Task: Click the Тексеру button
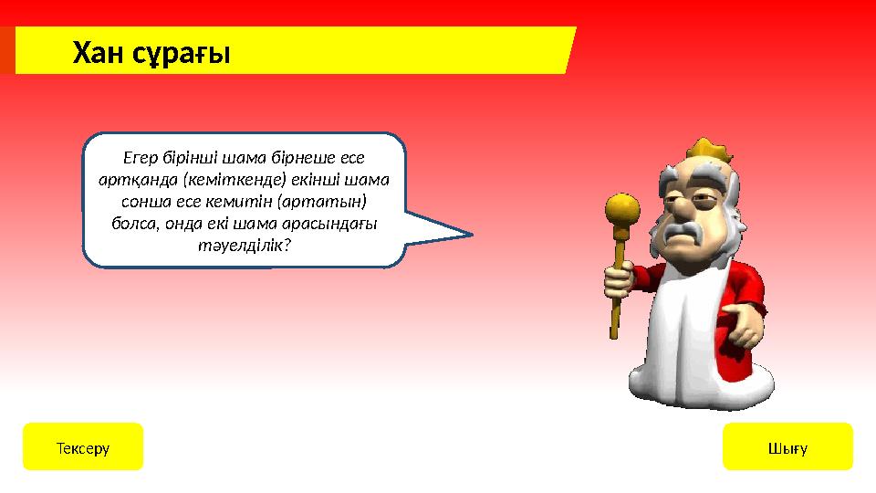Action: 83,447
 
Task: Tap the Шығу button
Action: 787,447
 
